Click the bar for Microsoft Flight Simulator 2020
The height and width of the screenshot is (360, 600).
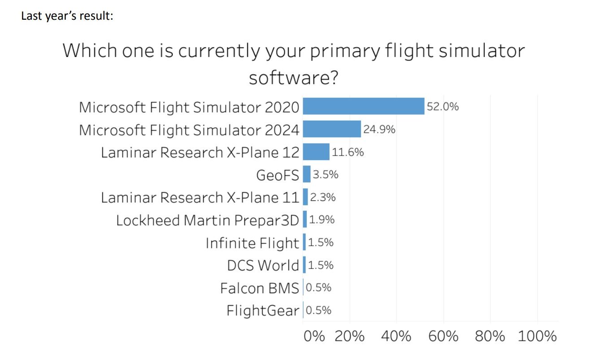click(363, 106)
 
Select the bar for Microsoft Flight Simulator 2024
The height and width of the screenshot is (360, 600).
click(332, 129)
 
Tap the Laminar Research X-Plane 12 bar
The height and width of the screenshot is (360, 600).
click(316, 152)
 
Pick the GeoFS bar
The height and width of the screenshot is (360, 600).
click(307, 174)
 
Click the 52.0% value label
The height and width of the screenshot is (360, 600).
click(443, 107)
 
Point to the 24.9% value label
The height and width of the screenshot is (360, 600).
click(379, 130)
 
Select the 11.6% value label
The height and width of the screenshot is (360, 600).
click(348, 152)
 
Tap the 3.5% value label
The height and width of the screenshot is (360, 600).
click(326, 175)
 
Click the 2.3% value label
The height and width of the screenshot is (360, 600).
click(322, 197)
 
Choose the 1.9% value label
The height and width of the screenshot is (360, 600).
click(322, 220)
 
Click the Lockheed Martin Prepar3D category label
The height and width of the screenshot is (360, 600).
click(207, 221)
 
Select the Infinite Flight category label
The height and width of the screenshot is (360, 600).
click(252, 243)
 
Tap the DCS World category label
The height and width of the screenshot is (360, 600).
click(263, 265)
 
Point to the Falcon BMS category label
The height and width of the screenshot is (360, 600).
click(259, 288)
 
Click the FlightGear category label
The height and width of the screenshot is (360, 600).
click(262, 310)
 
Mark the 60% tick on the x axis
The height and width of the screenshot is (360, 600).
click(443, 336)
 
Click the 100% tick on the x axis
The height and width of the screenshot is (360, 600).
click(537, 336)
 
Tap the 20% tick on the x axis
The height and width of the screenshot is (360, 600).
click(350, 336)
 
